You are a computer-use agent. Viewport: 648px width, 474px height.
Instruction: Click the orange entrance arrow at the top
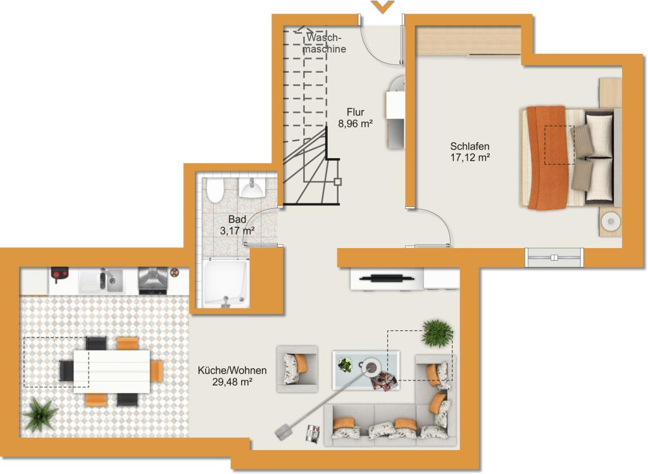click(x=382, y=6)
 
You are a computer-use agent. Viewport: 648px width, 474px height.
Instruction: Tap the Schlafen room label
click(x=470, y=146)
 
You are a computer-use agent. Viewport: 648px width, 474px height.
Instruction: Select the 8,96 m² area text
click(x=356, y=123)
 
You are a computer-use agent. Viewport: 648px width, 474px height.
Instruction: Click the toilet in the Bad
click(x=215, y=190)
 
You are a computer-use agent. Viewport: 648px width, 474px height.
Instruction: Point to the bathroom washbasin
click(x=252, y=189)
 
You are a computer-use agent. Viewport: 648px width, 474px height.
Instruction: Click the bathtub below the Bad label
click(x=225, y=283)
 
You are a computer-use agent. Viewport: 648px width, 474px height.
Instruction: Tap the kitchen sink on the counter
click(x=101, y=280)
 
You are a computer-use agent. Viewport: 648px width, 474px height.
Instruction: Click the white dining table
click(x=112, y=371)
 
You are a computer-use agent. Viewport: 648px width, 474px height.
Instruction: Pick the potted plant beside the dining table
click(x=40, y=415)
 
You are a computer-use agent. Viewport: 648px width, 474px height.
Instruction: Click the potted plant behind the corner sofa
click(x=437, y=333)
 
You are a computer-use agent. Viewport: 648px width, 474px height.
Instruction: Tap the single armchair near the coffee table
click(x=297, y=369)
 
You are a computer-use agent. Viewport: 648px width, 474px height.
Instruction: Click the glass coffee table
click(x=366, y=370)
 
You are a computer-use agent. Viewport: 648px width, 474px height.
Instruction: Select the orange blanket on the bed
click(x=548, y=158)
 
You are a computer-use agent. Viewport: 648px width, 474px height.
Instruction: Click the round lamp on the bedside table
click(x=611, y=222)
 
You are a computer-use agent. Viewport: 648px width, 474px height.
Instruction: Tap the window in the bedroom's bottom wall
click(x=554, y=258)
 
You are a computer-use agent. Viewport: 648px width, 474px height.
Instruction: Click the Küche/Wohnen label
click(x=232, y=371)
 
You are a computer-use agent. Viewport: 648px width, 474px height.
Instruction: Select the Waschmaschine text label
click(x=325, y=43)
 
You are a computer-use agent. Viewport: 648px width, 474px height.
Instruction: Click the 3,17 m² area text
click(x=237, y=230)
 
